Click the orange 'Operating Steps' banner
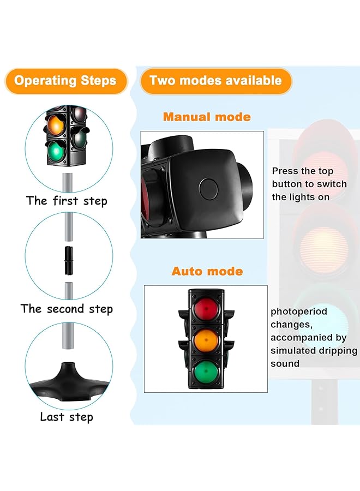coord(65,81)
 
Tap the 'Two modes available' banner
coord(215,81)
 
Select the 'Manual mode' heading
coord(207,117)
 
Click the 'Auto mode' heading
coord(207,271)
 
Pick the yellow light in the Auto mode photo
coord(206,339)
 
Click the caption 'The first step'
coord(67,201)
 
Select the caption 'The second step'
coord(67,309)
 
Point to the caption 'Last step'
coord(67,417)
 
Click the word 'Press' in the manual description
coord(285,171)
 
